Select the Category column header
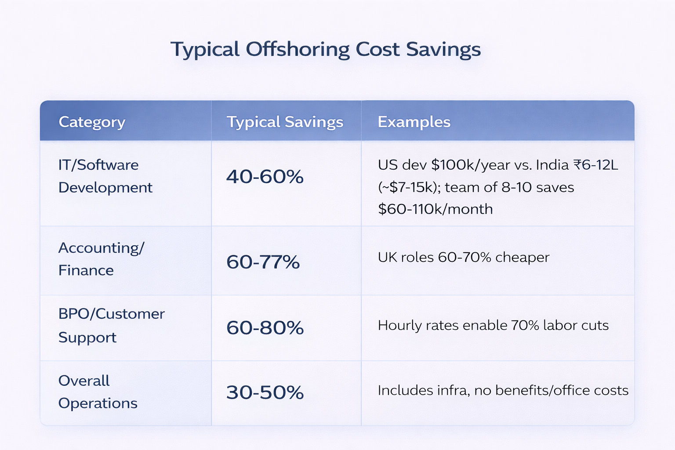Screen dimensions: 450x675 [92, 122]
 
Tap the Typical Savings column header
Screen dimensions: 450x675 [285, 122]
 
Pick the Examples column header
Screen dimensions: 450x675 [414, 122]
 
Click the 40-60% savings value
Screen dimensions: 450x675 [265, 177]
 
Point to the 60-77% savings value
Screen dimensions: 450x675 [263, 262]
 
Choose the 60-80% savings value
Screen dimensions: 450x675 [265, 328]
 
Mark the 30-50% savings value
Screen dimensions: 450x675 [265, 392]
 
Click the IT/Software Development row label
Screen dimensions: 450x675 [105, 176]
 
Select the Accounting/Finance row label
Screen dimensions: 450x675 [101, 259]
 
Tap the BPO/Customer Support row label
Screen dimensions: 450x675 [111, 325]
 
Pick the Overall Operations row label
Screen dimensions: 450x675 [98, 392]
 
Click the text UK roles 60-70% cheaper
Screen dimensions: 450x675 [463, 257]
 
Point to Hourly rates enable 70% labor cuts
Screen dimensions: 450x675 [493, 325]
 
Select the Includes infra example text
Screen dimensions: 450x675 [503, 390]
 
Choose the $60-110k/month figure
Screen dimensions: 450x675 [435, 209]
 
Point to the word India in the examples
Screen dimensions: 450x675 [552, 165]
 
